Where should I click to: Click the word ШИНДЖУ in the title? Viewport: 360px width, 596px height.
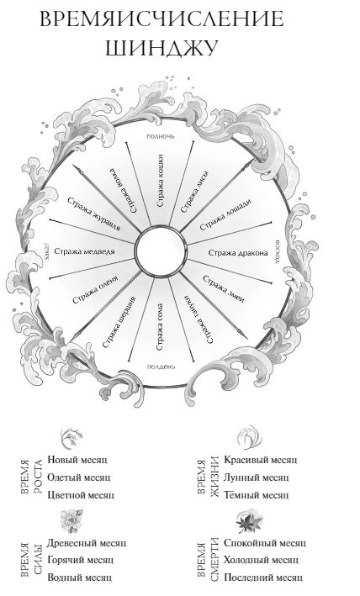[161, 48]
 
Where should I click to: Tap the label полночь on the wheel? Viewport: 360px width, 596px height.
[161, 135]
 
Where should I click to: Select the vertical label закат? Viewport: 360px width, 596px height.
[47, 251]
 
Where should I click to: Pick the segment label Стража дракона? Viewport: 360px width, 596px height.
[238, 253]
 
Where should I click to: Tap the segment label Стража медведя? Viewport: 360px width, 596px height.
[84, 251]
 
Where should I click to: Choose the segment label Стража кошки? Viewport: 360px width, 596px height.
[160, 181]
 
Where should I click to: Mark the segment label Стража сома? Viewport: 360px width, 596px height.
[160, 326]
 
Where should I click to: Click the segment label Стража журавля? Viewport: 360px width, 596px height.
[94, 214]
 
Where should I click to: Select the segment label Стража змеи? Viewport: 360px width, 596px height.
[224, 289]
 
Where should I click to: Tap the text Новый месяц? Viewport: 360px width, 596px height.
[77, 460]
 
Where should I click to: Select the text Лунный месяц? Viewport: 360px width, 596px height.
[257, 477]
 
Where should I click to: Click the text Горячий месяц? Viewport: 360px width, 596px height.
[80, 560]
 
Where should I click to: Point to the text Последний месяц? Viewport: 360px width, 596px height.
[263, 578]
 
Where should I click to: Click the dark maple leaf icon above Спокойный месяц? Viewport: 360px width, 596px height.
[249, 521]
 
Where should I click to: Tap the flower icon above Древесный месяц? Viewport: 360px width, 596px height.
[71, 520]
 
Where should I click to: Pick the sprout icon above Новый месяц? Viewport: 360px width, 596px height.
[71, 439]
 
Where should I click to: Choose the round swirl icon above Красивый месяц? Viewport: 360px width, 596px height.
[250, 438]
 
